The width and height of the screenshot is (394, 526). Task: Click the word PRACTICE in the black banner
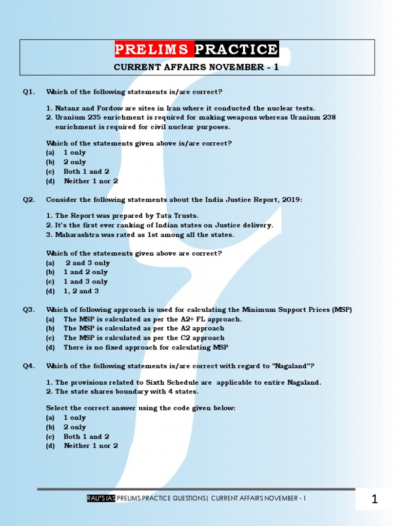(237, 49)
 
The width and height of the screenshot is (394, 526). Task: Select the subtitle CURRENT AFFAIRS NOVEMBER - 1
(196, 67)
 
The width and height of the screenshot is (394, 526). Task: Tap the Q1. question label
(29, 92)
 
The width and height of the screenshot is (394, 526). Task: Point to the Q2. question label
(29, 200)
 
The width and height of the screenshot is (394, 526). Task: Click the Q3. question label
(29, 309)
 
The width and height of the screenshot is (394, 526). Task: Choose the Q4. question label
(29, 366)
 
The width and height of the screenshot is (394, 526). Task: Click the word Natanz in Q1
(67, 108)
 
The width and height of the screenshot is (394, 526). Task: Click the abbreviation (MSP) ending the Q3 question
(341, 309)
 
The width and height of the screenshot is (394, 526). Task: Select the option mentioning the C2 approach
(144, 338)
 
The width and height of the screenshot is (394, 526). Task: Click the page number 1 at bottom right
(375, 499)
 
